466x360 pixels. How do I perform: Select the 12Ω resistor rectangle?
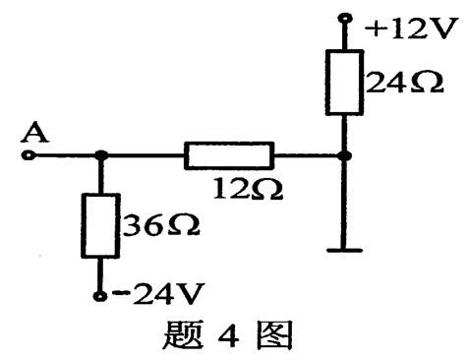[x=228, y=155]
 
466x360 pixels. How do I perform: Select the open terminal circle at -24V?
[x=101, y=296]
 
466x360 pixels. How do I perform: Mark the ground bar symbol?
[x=345, y=250]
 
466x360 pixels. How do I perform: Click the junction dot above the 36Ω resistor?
[x=101, y=155]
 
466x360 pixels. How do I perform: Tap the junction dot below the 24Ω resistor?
[x=345, y=155]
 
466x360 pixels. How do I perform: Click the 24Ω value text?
[x=394, y=83]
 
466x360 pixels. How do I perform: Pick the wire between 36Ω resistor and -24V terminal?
[x=101, y=274]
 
